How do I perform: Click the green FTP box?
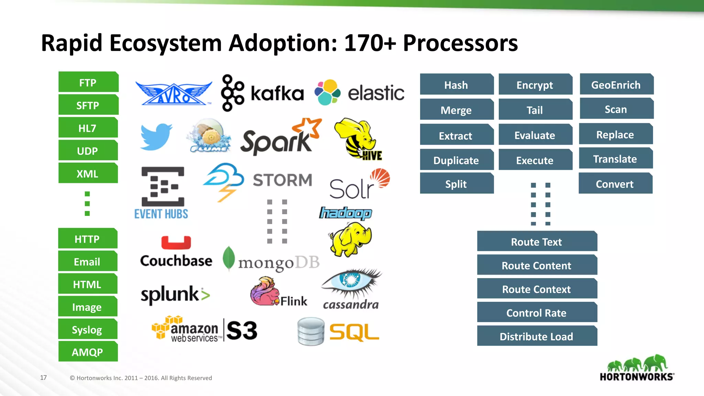pyautogui.click(x=88, y=82)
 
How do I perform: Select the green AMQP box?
pyautogui.click(x=88, y=352)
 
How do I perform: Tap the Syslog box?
pyautogui.click(x=87, y=329)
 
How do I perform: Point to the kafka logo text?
pyautogui.click(x=277, y=93)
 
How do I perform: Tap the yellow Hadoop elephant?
pyautogui.click(x=351, y=239)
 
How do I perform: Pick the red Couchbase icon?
pyautogui.click(x=176, y=242)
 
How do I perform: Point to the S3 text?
pyautogui.click(x=242, y=330)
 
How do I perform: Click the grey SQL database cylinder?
pyautogui.click(x=311, y=331)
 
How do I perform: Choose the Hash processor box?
pyautogui.click(x=456, y=85)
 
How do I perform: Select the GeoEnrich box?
pyautogui.click(x=616, y=84)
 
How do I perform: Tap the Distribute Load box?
pyautogui.click(x=537, y=336)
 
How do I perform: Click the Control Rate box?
pyautogui.click(x=537, y=312)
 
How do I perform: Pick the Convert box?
pyautogui.click(x=615, y=184)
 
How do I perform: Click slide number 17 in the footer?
pyautogui.click(x=43, y=377)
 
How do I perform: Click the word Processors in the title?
pyautogui.click(x=460, y=43)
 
